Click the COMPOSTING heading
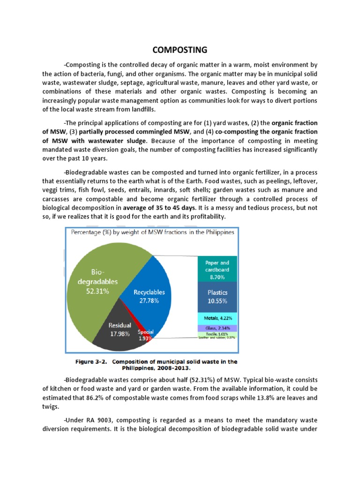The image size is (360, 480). [x=180, y=50]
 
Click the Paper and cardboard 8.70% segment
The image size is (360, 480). [x=217, y=270]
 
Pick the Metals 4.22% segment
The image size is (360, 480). [x=217, y=318]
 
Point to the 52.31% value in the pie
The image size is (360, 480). [x=97, y=291]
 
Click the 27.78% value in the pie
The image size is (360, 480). [x=149, y=301]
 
